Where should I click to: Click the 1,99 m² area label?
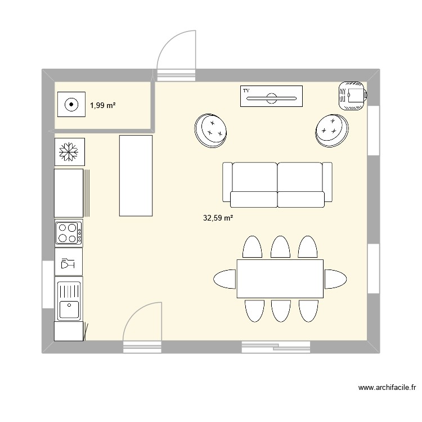tap(103, 106)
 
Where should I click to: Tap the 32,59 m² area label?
tap(218, 218)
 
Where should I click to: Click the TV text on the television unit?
tap(246, 91)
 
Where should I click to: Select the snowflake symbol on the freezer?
tap(69, 152)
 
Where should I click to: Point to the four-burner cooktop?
tap(69, 233)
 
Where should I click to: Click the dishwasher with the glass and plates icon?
tap(69, 262)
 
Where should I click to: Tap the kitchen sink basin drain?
tap(69, 305)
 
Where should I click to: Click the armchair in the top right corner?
tap(353, 96)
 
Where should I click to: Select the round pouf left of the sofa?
tap(211, 131)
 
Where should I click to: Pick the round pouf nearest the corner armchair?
tap(332, 131)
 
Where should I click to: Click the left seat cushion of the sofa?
tap(254, 199)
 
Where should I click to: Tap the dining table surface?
tap(280, 279)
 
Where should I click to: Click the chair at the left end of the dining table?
tap(225, 279)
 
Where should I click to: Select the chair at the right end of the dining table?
tap(335, 279)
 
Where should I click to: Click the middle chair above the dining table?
tap(280, 247)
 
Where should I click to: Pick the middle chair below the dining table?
tap(281, 311)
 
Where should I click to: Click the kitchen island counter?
tap(136, 176)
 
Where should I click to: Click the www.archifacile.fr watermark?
tap(387, 388)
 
